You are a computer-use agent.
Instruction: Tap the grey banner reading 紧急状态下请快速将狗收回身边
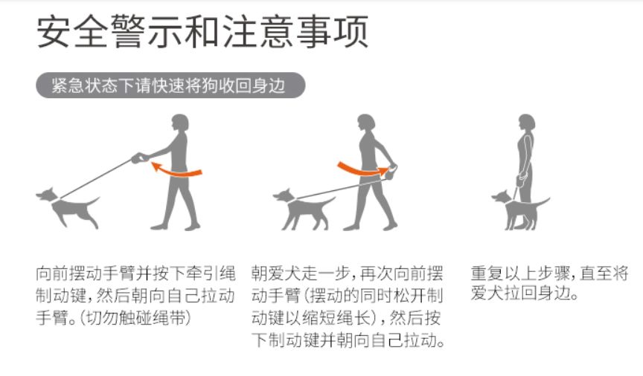170,85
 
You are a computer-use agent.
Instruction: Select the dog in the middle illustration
306,208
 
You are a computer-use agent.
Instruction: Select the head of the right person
527,123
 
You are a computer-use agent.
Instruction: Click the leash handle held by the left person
138,158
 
